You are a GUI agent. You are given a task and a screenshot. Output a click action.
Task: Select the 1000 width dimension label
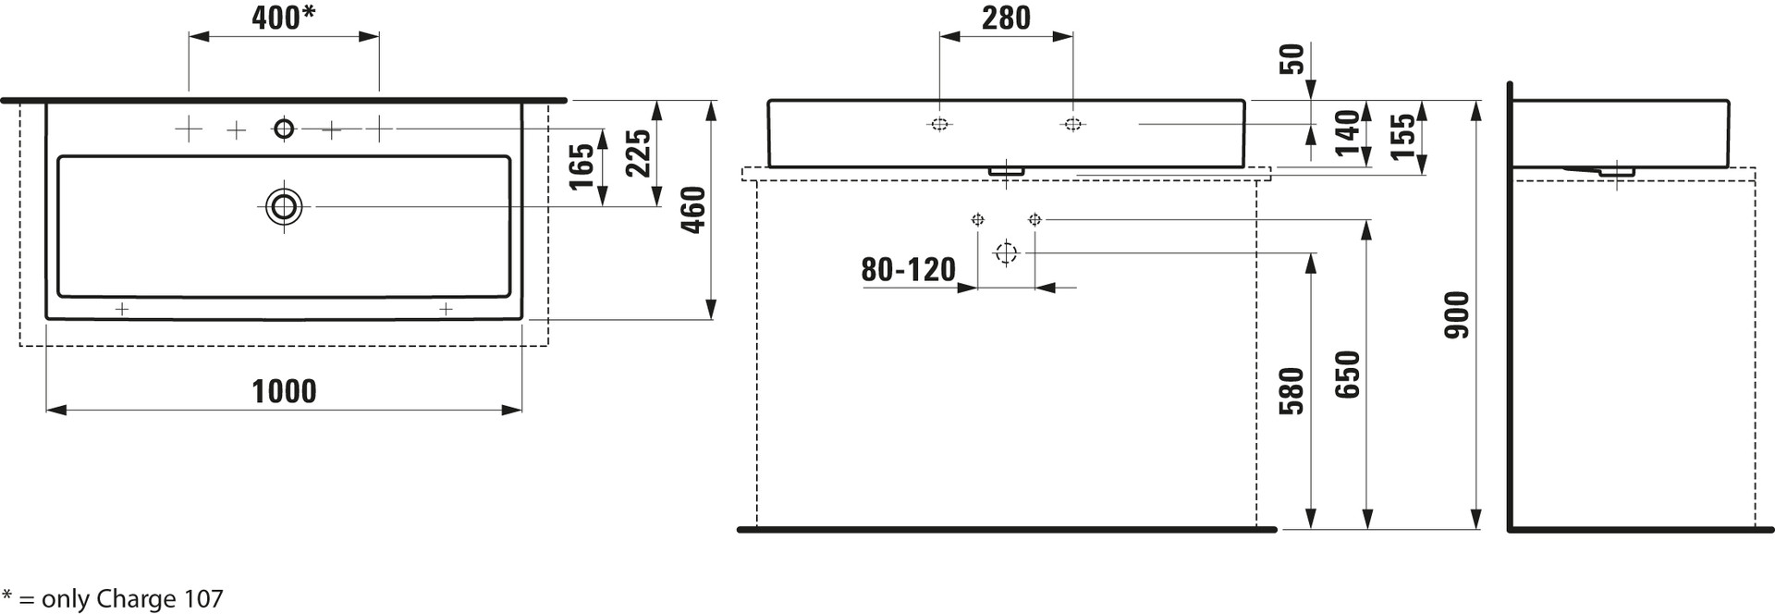point(285,391)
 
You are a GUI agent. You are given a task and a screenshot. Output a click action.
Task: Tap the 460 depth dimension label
point(692,210)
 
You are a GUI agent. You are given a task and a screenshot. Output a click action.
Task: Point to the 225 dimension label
point(639,153)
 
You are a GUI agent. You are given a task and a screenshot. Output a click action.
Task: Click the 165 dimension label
point(581,166)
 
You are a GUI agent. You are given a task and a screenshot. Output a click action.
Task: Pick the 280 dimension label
point(1006,18)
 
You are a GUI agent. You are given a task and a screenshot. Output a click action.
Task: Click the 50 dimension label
point(1293,58)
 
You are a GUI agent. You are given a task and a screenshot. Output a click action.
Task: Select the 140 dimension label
point(1348,132)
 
